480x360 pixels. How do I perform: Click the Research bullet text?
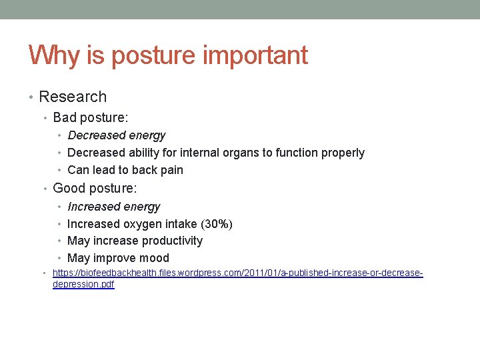[73, 97]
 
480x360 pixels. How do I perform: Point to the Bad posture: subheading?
[91, 118]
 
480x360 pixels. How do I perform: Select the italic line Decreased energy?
[117, 135]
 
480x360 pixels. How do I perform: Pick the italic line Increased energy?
[114, 207]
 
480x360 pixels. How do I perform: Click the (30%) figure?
[217, 224]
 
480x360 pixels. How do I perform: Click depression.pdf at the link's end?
[83, 285]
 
